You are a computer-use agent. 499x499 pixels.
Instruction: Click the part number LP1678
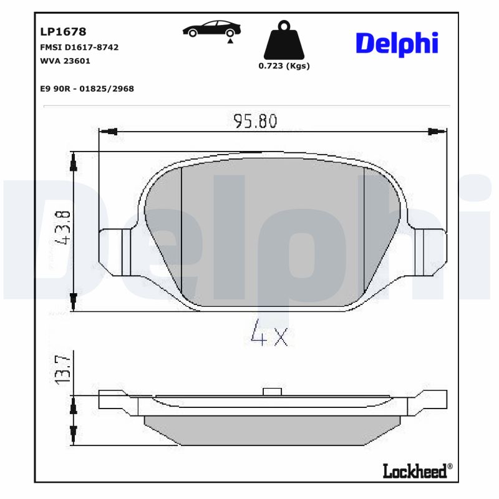coord(63,31)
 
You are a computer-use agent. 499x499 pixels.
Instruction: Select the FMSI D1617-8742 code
coord(79,47)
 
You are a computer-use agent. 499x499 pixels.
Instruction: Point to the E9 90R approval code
coord(87,89)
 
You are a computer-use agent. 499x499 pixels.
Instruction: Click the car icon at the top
coord(212,29)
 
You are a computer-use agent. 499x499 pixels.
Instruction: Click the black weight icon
coord(284,40)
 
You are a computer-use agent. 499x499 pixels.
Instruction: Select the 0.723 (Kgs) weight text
coord(284,65)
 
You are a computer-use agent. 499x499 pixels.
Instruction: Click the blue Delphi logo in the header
coord(397,43)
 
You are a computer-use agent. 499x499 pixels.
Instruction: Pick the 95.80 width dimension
coord(255,121)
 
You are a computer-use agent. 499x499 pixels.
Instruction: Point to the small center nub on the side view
coord(273,391)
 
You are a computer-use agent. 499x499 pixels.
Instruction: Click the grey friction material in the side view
coord(273,430)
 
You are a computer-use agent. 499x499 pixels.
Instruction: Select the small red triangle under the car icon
coord(230,41)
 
